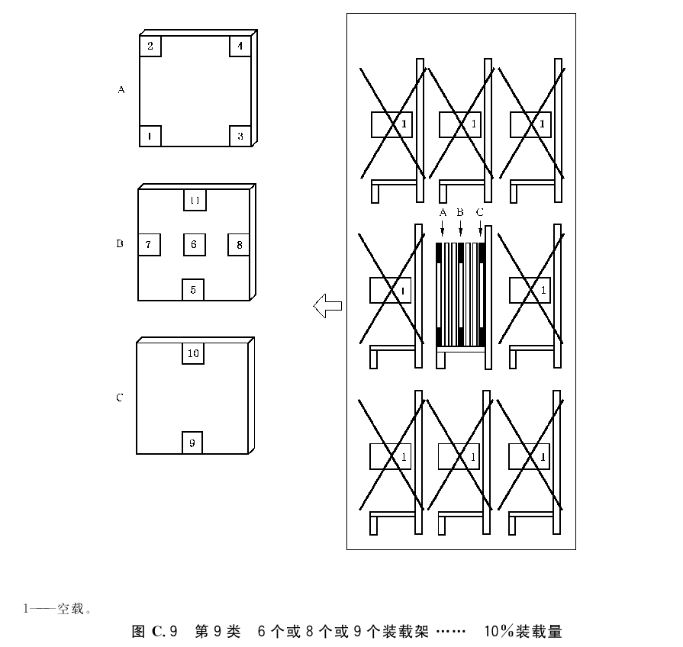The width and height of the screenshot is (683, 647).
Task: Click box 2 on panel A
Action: (150, 46)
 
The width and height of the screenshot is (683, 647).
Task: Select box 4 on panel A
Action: (240, 46)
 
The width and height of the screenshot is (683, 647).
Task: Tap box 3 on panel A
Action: (240, 136)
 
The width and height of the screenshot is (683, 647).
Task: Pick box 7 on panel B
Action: (149, 245)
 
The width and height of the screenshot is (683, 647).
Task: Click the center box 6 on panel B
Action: (195, 245)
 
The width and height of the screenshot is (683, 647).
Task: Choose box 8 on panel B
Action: (239, 245)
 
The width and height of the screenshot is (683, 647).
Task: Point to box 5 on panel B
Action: (193, 289)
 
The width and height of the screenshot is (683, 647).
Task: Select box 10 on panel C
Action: (193, 353)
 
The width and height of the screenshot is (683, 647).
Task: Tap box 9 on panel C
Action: (192, 443)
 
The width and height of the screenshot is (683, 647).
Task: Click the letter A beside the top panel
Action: (121, 90)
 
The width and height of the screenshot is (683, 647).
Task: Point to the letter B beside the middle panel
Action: (120, 243)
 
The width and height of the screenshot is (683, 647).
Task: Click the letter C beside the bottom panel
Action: (119, 398)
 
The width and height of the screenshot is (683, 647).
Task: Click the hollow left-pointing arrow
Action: (327, 306)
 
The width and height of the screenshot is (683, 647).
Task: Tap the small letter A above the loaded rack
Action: (443, 212)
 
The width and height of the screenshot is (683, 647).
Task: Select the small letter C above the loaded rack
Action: (479, 212)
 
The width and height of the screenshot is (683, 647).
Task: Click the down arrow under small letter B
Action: (460, 228)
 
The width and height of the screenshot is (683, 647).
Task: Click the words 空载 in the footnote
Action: (70, 608)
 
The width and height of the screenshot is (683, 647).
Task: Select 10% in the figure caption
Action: (499, 631)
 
